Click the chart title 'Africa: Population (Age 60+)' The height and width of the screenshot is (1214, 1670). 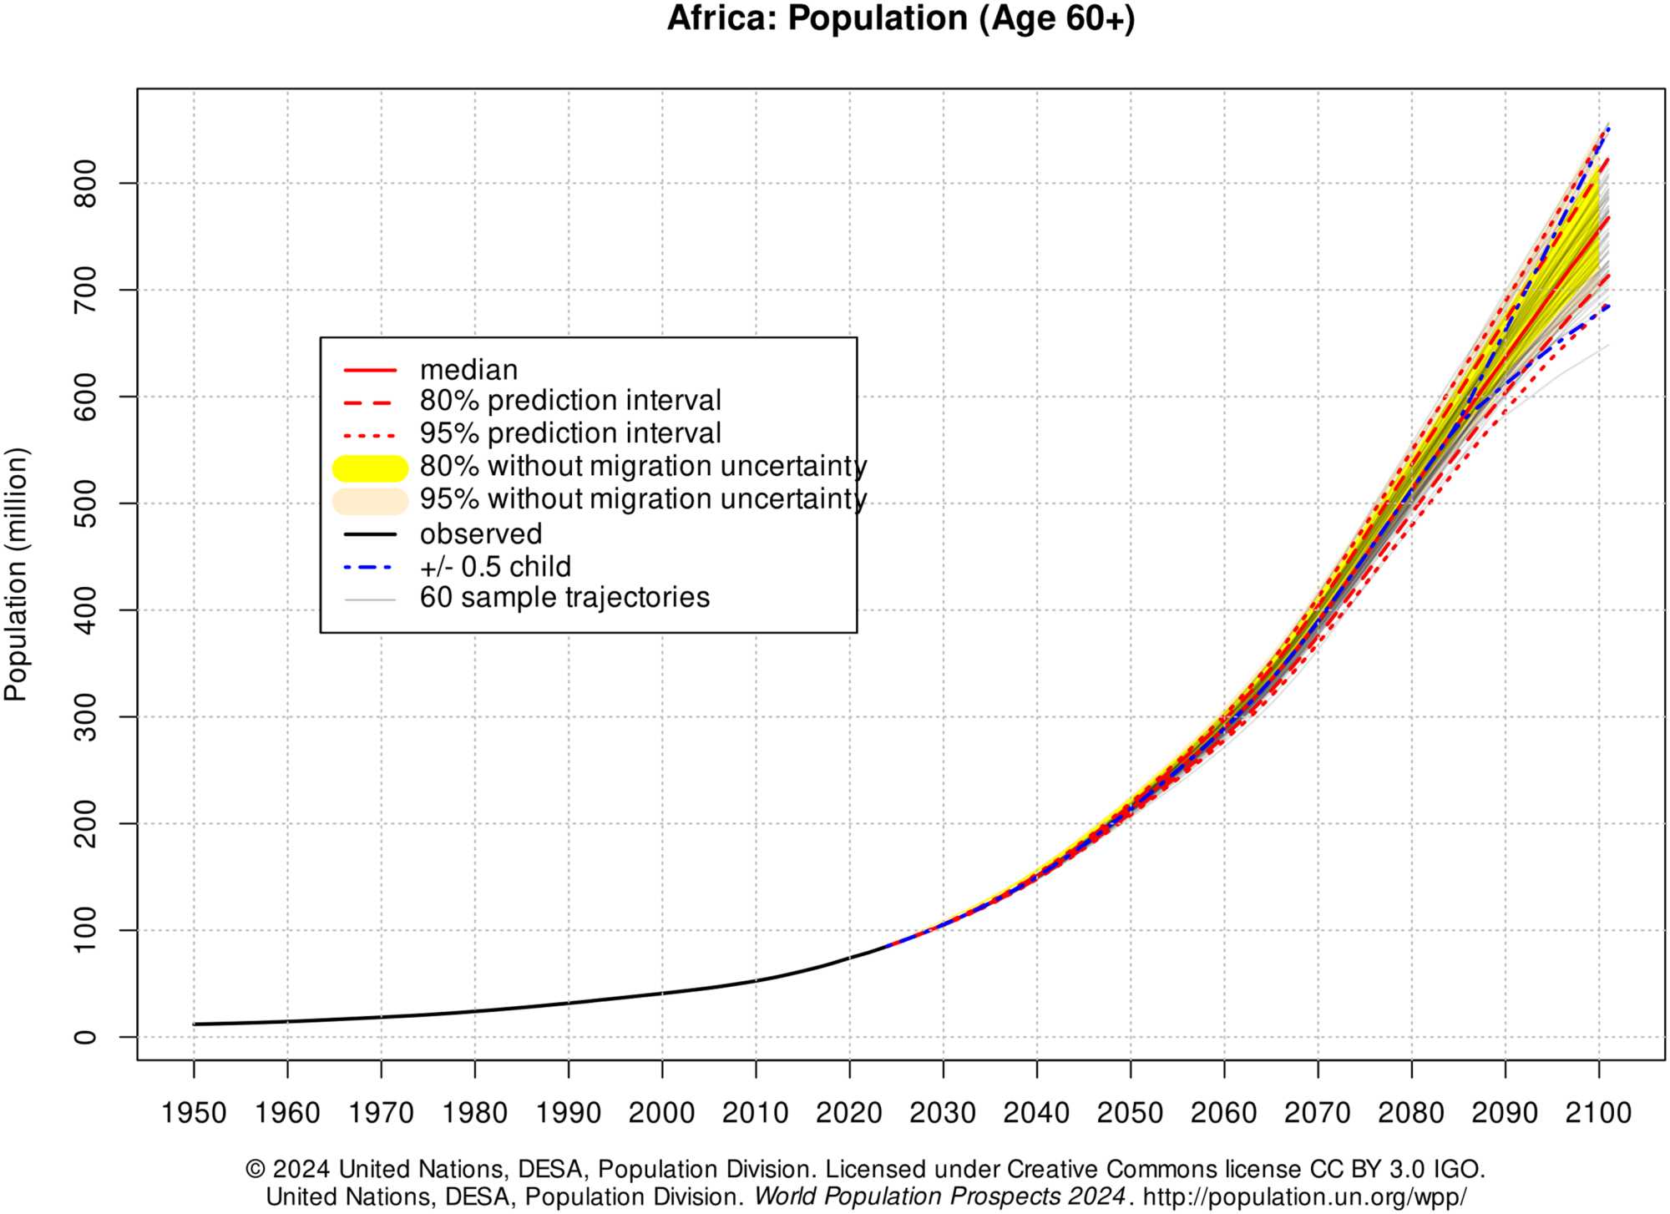click(900, 18)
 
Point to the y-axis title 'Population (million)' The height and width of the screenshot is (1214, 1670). click(17, 574)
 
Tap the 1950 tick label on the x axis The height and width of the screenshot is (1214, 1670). click(194, 1113)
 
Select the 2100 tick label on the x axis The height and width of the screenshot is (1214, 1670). click(1598, 1113)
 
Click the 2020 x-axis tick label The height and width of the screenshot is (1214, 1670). click(849, 1113)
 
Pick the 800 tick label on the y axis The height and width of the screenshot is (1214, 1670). click(86, 183)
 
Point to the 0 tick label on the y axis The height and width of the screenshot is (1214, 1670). click(86, 1037)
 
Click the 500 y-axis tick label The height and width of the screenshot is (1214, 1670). click(86, 503)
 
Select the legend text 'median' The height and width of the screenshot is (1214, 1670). click(468, 369)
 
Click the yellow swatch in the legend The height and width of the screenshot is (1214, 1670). click(370, 468)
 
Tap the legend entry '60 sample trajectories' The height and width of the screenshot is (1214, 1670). click(564, 598)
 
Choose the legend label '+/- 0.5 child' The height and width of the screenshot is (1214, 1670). click(495, 567)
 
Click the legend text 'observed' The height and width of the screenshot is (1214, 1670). click(481, 534)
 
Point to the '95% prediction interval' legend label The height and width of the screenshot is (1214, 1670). click(570, 433)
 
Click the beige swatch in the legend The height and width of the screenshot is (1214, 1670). click(370, 501)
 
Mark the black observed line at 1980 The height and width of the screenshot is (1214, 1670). click(475, 1011)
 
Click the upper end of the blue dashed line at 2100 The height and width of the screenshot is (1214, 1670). click(1607, 128)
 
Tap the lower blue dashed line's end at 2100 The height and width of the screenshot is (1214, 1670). click(1607, 306)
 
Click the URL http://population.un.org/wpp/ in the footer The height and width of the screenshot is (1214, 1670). click(1304, 1196)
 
